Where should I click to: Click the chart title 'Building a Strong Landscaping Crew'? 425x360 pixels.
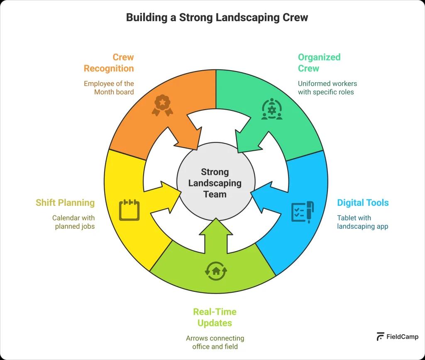pyautogui.click(x=217, y=17)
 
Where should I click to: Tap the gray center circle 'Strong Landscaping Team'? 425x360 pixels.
pyautogui.click(x=215, y=183)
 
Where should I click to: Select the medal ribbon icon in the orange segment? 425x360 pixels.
pyautogui.click(x=162, y=105)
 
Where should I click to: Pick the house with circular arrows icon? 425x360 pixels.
pyautogui.click(x=216, y=270)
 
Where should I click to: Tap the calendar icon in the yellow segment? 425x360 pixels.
pyautogui.click(x=129, y=210)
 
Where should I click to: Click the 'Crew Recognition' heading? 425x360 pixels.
pyautogui.click(x=109, y=63)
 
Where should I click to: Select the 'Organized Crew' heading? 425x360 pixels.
pyautogui.click(x=319, y=63)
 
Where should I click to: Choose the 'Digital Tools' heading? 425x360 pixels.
pyautogui.click(x=363, y=203)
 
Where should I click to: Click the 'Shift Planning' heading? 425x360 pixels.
pyautogui.click(x=65, y=203)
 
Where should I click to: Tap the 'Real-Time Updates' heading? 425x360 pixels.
pyautogui.click(x=215, y=317)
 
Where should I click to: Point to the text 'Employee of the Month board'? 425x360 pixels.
pyautogui.click(x=109, y=88)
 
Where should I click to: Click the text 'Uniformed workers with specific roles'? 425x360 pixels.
pyautogui.click(x=327, y=88)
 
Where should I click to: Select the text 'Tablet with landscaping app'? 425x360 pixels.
pyautogui.click(x=362, y=222)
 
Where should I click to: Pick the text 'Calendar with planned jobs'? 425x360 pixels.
pyautogui.click(x=73, y=222)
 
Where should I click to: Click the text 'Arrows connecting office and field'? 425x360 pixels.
pyautogui.click(x=215, y=342)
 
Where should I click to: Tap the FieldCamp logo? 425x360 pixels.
pyautogui.click(x=397, y=337)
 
